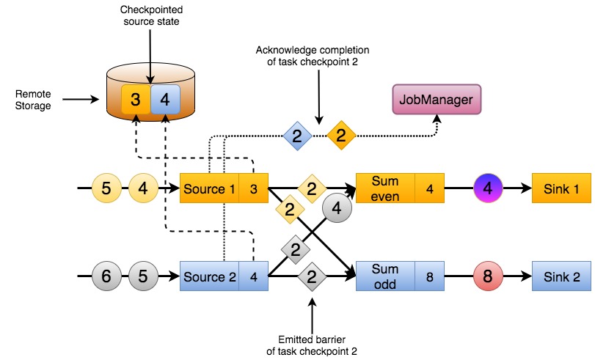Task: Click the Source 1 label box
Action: pyautogui.click(x=209, y=188)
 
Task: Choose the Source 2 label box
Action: pyautogui.click(x=209, y=276)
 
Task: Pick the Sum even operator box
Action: pyautogui.click(x=384, y=188)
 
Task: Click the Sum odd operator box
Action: pyautogui.click(x=384, y=276)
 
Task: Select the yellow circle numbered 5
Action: pyautogui.click(x=106, y=188)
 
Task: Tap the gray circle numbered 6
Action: pyautogui.click(x=106, y=276)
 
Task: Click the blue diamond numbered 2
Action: pyautogui.click(x=297, y=136)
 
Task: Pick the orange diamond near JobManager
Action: pyautogui.click(x=340, y=136)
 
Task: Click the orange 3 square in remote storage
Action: pyautogui.click(x=136, y=99)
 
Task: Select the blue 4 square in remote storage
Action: pyautogui.click(x=165, y=99)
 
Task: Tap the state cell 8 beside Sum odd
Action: pyautogui.click(x=429, y=276)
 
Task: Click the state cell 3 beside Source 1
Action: pyautogui.click(x=253, y=188)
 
